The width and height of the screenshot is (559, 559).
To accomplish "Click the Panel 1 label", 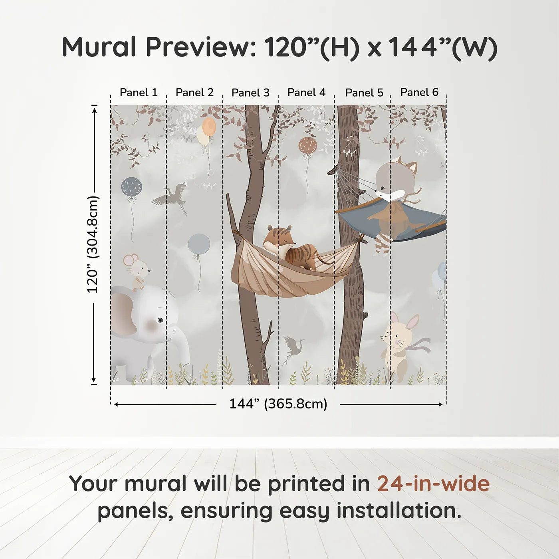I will click(x=139, y=93).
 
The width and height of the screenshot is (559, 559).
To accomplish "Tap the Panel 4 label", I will click(x=306, y=93).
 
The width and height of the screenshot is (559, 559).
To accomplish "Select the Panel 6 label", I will click(x=419, y=92).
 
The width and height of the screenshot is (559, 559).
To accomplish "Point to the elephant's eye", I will click(x=160, y=320).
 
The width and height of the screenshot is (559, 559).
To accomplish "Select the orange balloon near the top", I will click(x=209, y=127).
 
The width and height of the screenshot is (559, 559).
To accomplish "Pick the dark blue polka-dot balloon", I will click(x=131, y=186).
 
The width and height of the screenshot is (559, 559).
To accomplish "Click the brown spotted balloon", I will click(x=307, y=146).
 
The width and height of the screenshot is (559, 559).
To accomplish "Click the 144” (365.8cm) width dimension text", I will click(x=278, y=404).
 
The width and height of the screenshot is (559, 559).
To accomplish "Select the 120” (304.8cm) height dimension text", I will click(x=93, y=244).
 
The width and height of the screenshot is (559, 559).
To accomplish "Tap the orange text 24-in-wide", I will click(x=433, y=484).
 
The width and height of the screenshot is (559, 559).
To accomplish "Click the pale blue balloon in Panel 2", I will click(x=199, y=244).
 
